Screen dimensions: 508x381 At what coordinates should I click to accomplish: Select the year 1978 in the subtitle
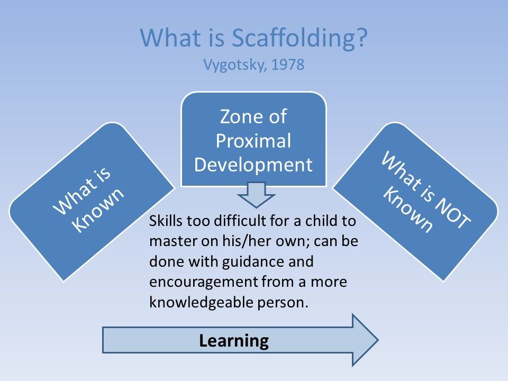(x=288, y=65)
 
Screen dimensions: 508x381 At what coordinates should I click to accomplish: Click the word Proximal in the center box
(x=253, y=141)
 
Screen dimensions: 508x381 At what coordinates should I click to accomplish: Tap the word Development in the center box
(x=253, y=165)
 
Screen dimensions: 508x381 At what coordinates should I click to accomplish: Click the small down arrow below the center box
(x=256, y=195)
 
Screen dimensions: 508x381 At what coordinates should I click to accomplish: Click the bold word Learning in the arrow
(x=234, y=341)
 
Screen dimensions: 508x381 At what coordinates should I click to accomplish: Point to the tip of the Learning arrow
(x=378, y=340)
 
